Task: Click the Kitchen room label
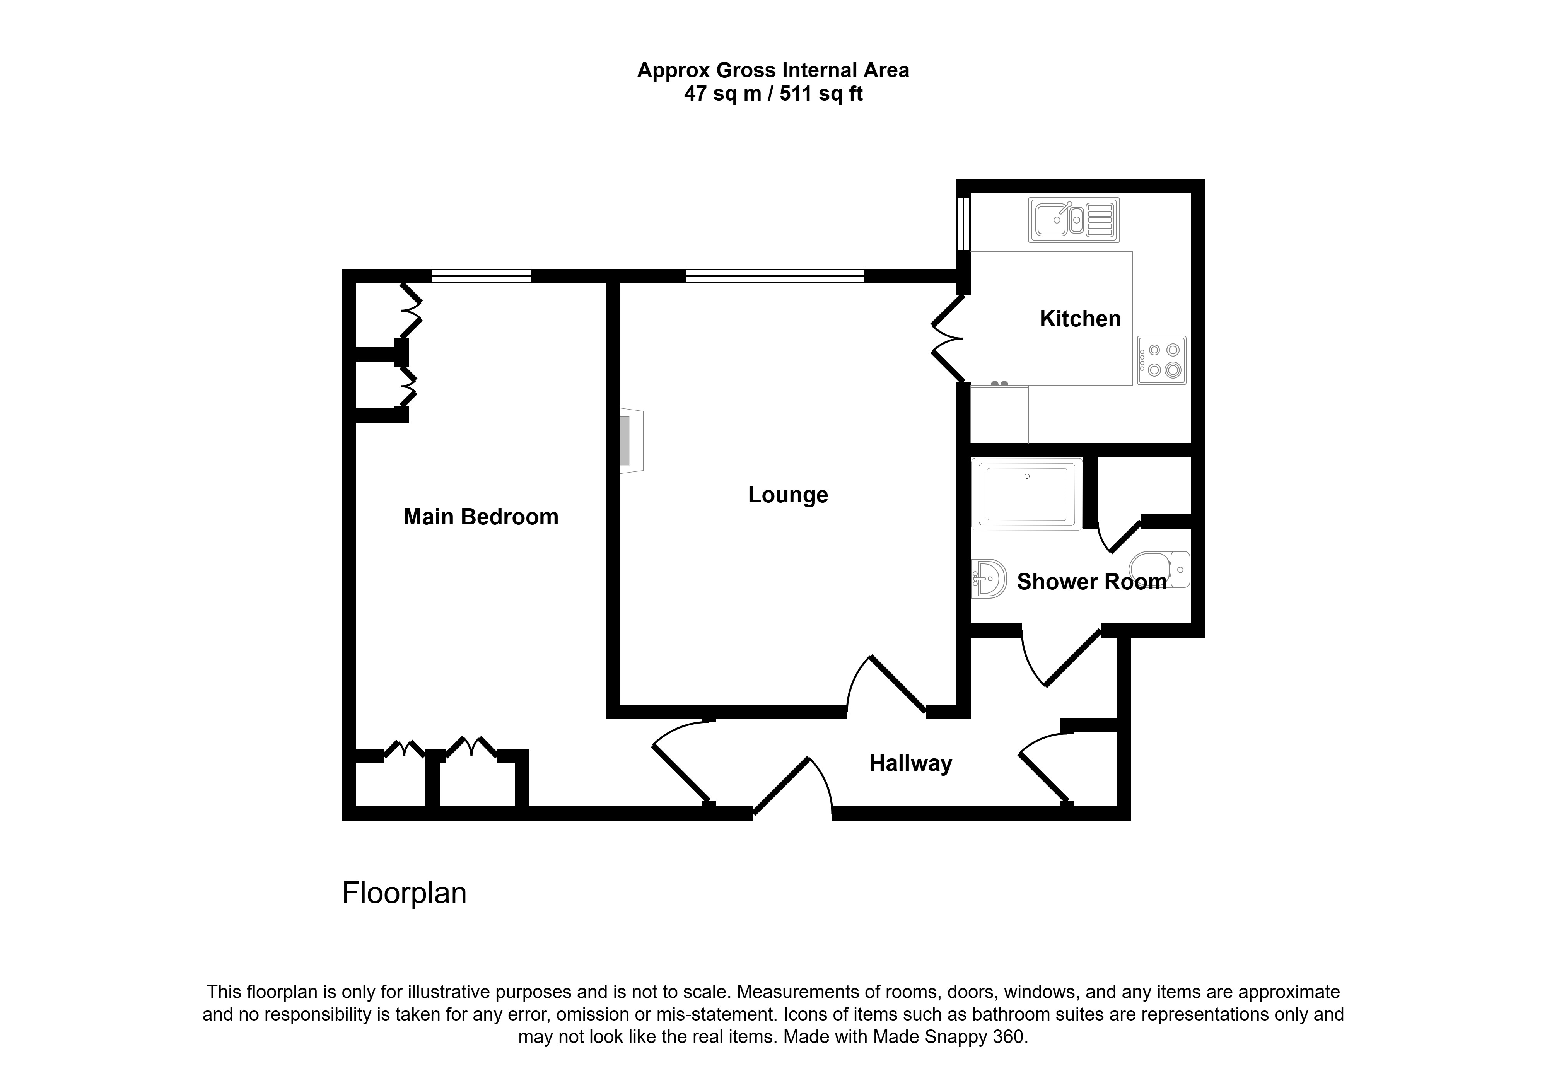(1080, 319)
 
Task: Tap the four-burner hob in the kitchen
(1161, 360)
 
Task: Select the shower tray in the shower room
(1027, 494)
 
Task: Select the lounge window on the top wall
(774, 275)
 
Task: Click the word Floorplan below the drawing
(404, 893)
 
